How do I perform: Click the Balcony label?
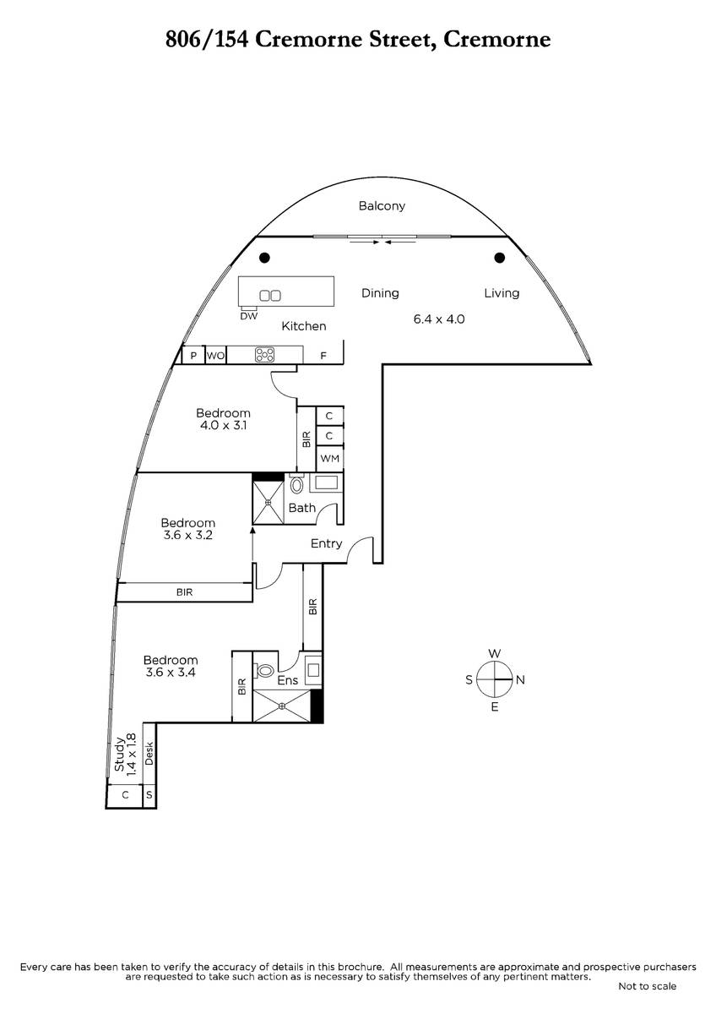(382, 206)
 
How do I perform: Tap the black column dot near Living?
(499, 258)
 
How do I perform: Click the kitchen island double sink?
(270, 296)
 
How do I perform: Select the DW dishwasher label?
(249, 316)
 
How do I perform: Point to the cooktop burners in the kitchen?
(264, 354)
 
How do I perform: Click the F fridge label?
(323, 356)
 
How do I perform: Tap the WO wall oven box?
(216, 356)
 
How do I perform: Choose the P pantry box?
(193, 356)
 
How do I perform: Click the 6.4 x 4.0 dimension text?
(439, 319)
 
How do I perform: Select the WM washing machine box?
(330, 459)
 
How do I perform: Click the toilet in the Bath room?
(296, 484)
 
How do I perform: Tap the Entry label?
(326, 543)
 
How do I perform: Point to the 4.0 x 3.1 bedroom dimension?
(224, 426)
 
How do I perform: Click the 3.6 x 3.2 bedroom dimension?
(188, 535)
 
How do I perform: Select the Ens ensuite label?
(288, 680)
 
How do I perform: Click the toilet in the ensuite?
(263, 670)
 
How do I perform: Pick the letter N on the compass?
(521, 679)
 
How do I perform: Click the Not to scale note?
(648, 986)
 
